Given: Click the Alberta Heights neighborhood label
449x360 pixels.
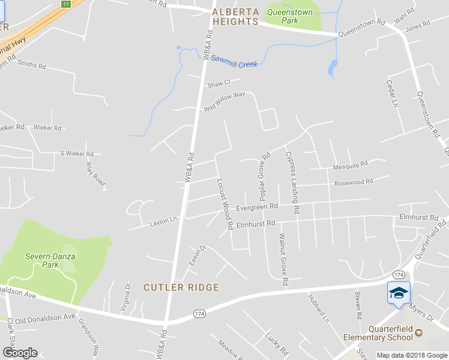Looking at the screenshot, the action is click(235, 16).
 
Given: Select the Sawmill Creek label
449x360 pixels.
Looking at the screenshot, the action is click(234, 61).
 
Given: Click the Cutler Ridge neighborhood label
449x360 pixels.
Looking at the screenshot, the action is click(181, 287).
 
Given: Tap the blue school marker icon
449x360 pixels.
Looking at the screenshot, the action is click(398, 293).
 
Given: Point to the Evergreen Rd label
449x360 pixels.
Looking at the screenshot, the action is click(256, 207).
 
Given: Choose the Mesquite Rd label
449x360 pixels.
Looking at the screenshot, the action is click(350, 165).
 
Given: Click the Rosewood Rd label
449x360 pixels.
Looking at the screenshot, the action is click(354, 181).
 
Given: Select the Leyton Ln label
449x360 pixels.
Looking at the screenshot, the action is click(163, 221).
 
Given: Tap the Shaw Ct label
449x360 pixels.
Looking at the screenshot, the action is click(218, 83).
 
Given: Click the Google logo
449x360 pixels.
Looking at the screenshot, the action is click(20, 353).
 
